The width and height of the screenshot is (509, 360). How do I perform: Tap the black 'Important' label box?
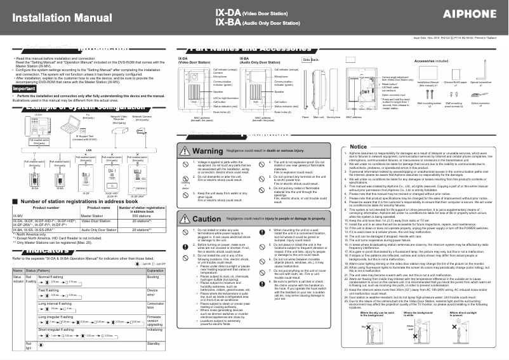25,89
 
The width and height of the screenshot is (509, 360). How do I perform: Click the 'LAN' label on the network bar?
89,150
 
